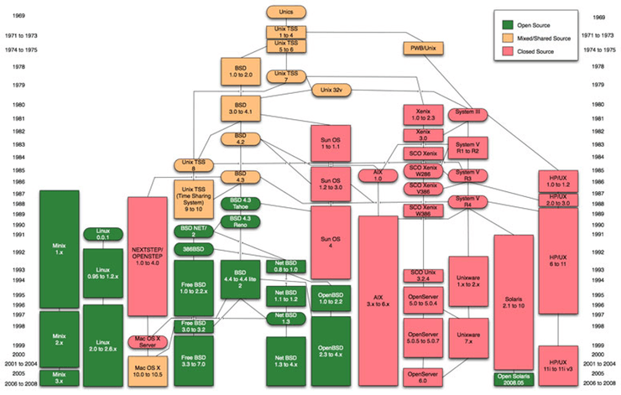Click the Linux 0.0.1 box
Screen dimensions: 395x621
[x=102, y=234]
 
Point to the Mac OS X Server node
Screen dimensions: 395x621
[x=149, y=341]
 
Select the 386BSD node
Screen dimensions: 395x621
[x=194, y=250]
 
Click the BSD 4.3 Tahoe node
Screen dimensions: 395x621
[x=240, y=204]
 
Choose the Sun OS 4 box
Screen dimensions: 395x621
[x=330, y=241]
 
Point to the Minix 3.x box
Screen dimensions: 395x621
[x=59, y=377]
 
